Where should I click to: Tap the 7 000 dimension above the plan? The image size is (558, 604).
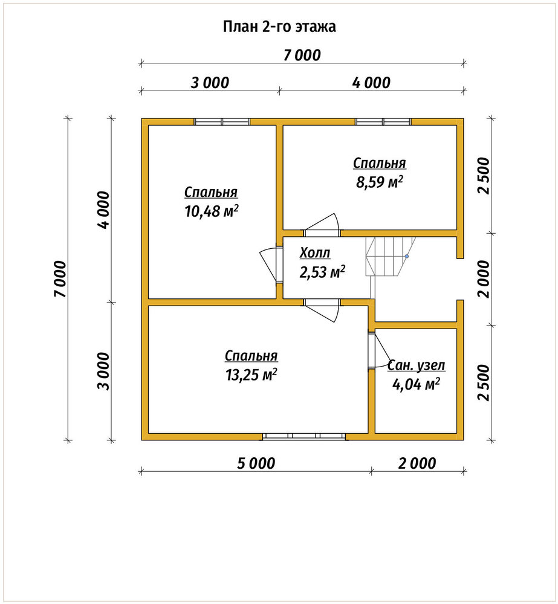[302, 56]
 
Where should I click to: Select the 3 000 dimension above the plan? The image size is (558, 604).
[210, 83]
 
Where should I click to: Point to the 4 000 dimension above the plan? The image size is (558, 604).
[371, 83]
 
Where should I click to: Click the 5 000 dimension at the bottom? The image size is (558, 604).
[256, 463]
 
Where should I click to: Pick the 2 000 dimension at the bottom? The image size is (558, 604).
[417, 463]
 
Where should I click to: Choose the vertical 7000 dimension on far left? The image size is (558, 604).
[60, 279]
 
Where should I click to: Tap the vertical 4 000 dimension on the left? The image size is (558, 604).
[104, 210]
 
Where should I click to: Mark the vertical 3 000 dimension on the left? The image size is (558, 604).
[104, 371]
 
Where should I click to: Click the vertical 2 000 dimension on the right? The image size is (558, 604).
[483, 279]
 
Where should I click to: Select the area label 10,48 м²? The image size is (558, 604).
[212, 211]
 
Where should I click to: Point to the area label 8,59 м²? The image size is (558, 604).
[380, 182]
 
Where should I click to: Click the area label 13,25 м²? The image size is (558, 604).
[251, 374]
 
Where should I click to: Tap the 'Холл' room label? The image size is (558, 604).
[315, 253]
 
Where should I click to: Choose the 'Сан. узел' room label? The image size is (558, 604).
[417, 365]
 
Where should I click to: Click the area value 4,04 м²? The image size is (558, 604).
[416, 384]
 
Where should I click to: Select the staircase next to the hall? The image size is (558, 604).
[391, 257]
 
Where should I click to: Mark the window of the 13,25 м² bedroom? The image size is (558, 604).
[304, 437]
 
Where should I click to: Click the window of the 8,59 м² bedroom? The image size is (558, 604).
[383, 122]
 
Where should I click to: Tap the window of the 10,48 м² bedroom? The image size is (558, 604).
[222, 122]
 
